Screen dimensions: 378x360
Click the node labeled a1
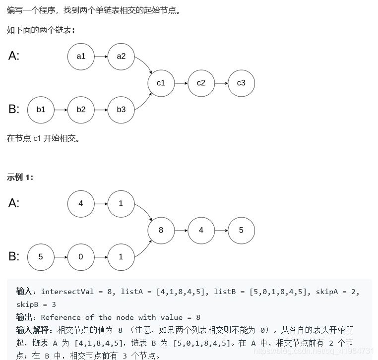click(81, 57)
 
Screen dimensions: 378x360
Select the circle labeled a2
click(121, 57)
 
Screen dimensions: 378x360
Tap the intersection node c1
click(161, 83)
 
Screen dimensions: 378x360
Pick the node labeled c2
click(201, 83)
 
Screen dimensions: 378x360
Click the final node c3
click(241, 83)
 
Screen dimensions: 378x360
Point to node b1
click(41, 110)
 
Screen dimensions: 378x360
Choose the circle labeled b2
click(81, 110)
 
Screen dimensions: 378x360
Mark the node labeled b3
click(121, 110)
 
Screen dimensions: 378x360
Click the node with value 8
click(161, 230)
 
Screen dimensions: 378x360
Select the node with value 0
click(81, 257)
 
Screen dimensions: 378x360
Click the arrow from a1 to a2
click(101, 57)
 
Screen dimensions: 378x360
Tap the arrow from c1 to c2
click(181, 83)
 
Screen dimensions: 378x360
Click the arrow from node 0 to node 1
click(101, 257)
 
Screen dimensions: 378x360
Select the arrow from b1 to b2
click(61, 110)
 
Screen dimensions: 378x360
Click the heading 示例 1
click(20, 177)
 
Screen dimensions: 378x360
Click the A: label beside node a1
click(14, 56)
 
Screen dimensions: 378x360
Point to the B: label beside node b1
click(14, 109)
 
